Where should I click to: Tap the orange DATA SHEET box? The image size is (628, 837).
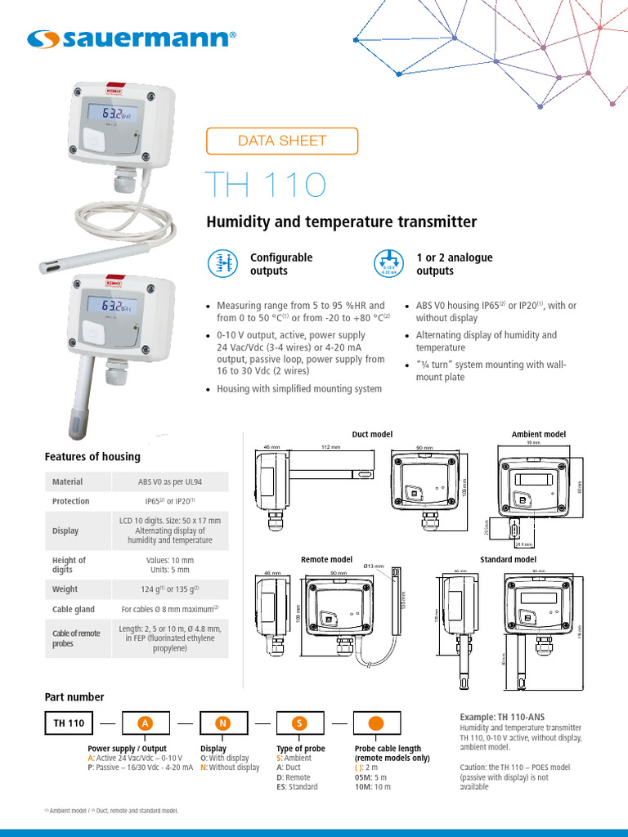[282, 141]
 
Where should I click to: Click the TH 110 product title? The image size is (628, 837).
[265, 186]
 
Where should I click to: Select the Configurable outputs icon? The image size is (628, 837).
[222, 263]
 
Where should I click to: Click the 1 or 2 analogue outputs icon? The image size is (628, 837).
[389, 263]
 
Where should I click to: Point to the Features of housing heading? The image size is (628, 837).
[92, 456]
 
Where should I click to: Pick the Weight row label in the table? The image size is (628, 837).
[65, 589]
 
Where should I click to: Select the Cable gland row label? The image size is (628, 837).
[74, 609]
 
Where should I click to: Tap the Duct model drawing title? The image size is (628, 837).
[372, 434]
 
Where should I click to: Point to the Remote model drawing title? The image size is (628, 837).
[326, 559]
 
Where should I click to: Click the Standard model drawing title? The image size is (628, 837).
[507, 559]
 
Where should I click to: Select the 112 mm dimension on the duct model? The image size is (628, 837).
[330, 447]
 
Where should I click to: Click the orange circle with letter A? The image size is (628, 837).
[146, 723]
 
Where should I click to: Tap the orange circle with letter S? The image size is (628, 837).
[300, 723]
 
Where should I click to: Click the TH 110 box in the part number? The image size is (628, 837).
[70, 723]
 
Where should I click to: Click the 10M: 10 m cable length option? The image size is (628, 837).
[373, 786]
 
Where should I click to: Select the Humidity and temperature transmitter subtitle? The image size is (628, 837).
[341, 222]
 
